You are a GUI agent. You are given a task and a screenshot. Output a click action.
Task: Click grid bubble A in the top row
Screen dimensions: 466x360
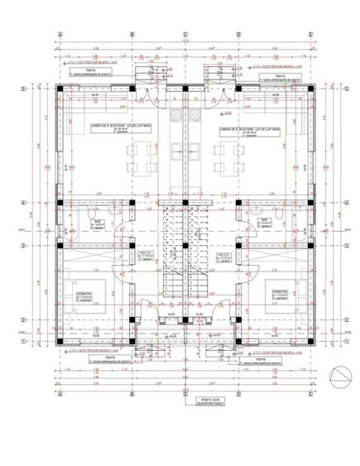[60, 35]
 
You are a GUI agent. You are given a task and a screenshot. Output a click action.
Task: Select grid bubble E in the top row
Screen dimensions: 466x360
[310, 35]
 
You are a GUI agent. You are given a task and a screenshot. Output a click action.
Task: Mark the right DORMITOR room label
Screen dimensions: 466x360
[278, 294]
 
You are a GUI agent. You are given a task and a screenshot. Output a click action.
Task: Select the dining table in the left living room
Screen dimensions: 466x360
[144, 155]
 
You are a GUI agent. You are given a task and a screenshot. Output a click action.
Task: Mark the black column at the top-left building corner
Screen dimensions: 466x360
[61, 86]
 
